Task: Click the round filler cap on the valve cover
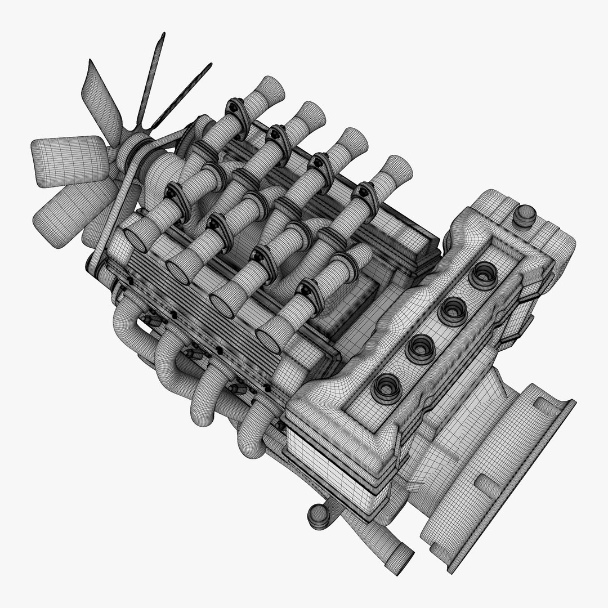point(525,214)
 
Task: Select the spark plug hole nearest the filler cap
point(483,275)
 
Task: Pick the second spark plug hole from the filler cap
point(453,310)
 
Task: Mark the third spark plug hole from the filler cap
point(420,348)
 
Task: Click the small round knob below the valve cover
point(319,516)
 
